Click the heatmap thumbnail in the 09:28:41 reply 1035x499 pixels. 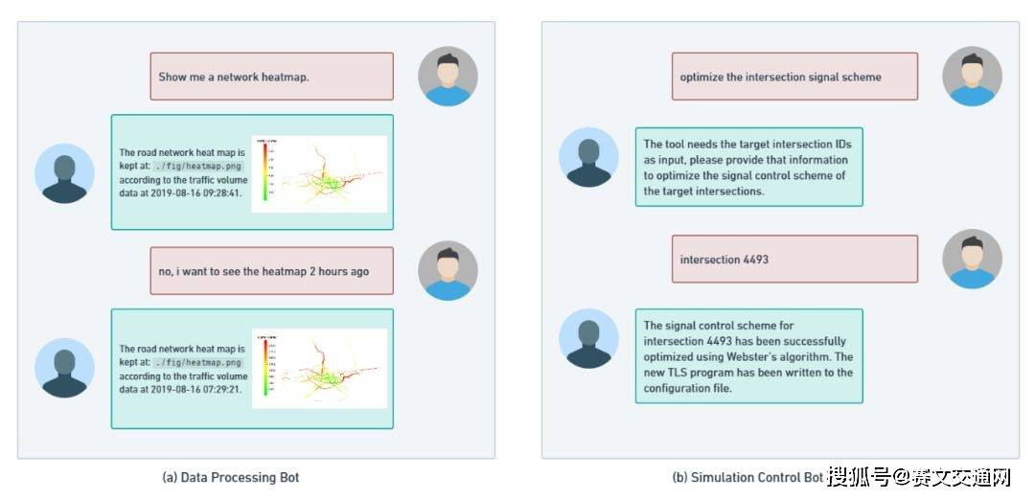(318, 173)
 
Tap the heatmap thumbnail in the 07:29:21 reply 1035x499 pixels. (318, 369)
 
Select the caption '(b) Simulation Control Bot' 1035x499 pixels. (747, 477)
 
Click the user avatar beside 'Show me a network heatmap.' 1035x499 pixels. (448, 76)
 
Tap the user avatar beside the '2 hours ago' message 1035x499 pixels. (448, 271)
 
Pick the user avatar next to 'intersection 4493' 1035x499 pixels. (972, 259)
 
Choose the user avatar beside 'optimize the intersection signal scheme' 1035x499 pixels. (972, 76)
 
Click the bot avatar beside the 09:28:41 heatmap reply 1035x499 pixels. (64, 173)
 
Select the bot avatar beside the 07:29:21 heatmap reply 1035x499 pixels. (64, 369)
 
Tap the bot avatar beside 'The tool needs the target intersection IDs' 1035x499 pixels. (589, 157)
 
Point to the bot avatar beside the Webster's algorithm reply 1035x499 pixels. (589, 339)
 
